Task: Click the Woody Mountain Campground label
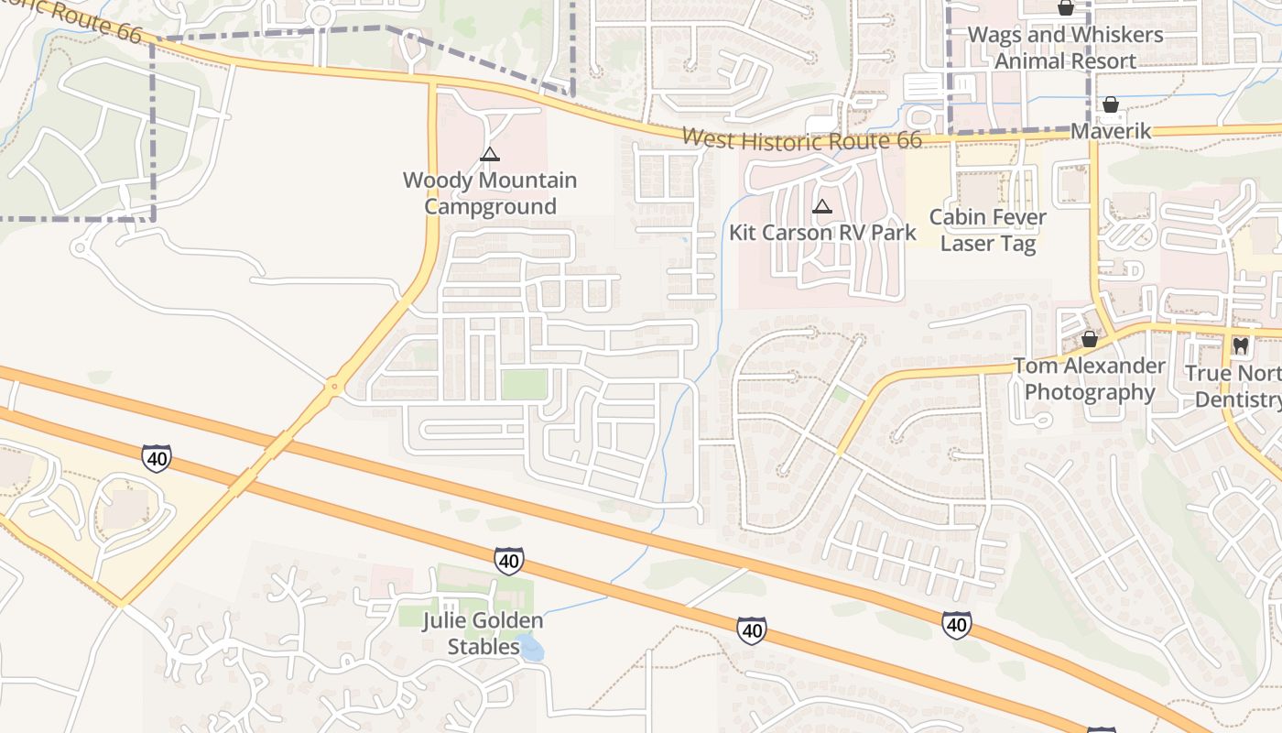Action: coord(490,193)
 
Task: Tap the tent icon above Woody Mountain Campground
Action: coord(490,154)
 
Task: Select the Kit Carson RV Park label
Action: coord(822,233)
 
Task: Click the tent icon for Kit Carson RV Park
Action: coord(822,207)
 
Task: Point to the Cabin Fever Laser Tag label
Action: coord(988,231)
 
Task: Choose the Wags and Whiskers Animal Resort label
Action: coord(1065,48)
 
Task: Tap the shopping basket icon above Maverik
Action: coord(1110,105)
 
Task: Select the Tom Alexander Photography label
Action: coord(1089,379)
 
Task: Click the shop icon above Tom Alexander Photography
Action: coord(1089,339)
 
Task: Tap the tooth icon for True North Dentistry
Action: coord(1241,346)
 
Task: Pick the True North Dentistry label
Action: coord(1236,387)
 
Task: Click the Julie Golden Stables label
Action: coord(483,633)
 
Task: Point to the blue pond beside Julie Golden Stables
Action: coord(529,648)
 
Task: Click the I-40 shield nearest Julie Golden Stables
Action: coord(509,560)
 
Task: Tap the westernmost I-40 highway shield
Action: coord(156,458)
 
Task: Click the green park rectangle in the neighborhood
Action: coord(524,385)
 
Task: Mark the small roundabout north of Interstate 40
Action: coord(334,388)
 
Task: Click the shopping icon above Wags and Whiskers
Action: coord(1065,8)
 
